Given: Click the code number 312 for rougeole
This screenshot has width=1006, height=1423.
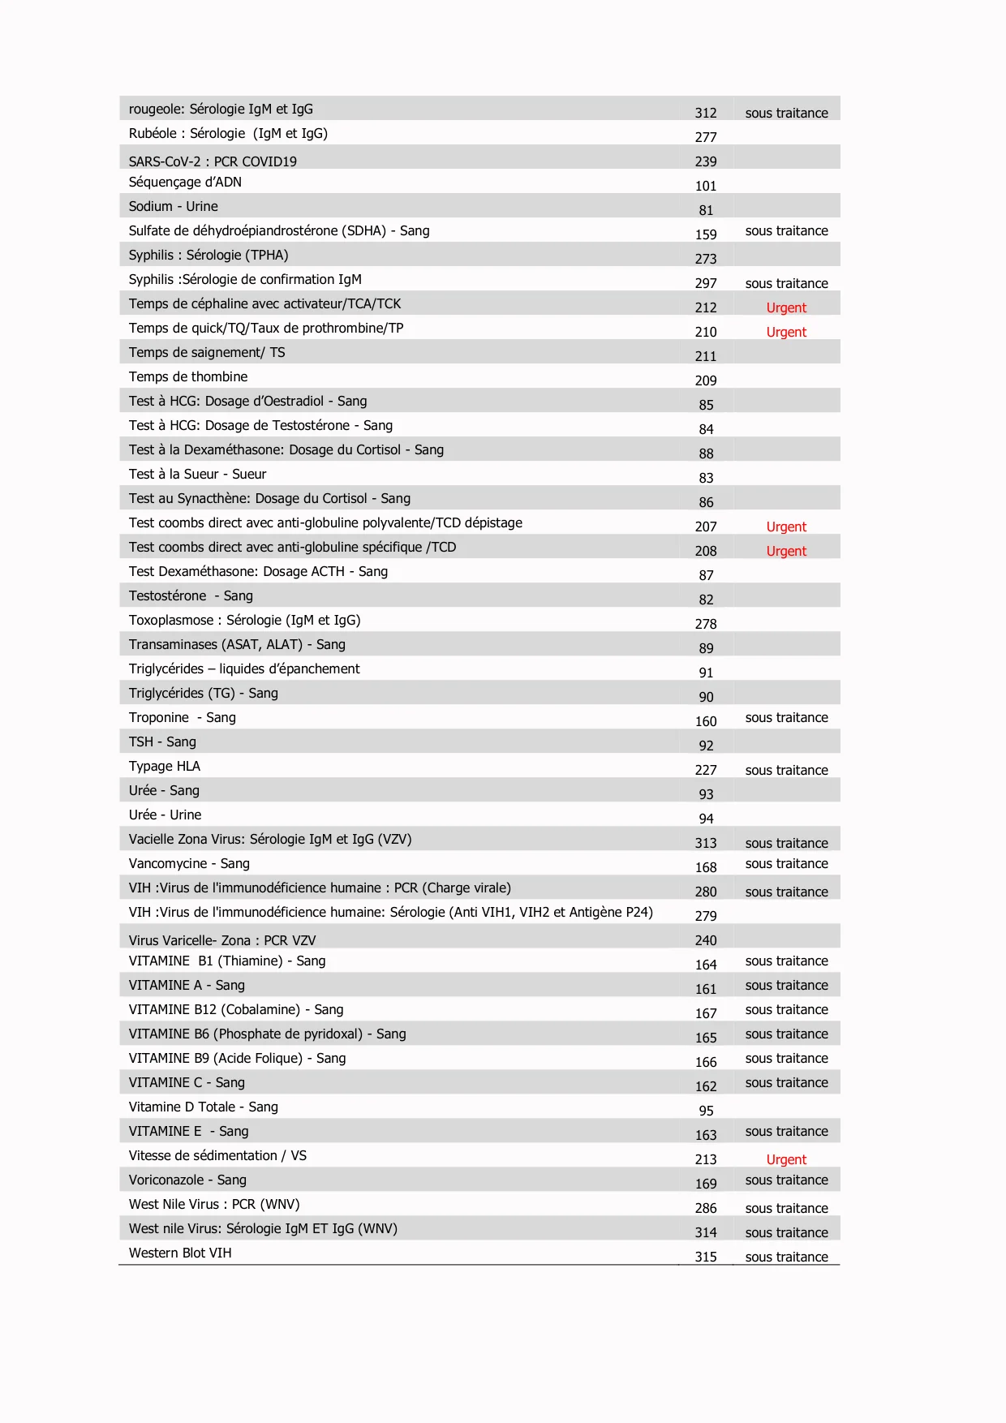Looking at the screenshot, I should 705,114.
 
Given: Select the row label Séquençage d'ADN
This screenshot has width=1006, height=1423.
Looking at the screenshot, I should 185,183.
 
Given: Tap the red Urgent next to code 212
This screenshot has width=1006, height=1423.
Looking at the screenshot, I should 786,308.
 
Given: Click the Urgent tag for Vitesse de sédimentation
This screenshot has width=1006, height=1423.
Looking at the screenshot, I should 786,1160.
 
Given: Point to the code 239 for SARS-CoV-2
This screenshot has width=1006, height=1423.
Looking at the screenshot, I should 705,162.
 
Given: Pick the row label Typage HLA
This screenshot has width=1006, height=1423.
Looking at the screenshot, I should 164,767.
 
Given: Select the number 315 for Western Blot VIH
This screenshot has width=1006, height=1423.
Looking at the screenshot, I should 705,1257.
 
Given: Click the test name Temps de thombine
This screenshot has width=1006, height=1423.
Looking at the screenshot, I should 188,377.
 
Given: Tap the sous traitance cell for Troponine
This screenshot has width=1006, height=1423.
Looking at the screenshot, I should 786,718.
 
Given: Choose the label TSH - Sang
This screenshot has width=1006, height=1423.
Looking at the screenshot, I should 162,742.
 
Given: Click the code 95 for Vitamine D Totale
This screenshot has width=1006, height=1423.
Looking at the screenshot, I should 706,1111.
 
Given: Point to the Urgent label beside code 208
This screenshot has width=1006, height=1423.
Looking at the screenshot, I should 786,552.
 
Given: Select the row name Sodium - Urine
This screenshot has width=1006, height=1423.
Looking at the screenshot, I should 173,207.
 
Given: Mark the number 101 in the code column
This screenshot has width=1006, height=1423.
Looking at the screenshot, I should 705,187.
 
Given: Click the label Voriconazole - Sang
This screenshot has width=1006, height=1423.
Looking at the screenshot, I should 187,1180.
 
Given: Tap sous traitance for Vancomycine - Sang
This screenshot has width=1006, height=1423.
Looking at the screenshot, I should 786,864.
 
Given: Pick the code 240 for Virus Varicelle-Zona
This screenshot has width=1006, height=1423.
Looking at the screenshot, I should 705,941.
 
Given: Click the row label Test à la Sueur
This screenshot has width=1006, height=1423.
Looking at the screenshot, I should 197,475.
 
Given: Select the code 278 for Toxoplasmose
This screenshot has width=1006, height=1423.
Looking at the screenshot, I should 705,625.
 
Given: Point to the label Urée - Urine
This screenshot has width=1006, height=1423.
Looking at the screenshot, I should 165,815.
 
